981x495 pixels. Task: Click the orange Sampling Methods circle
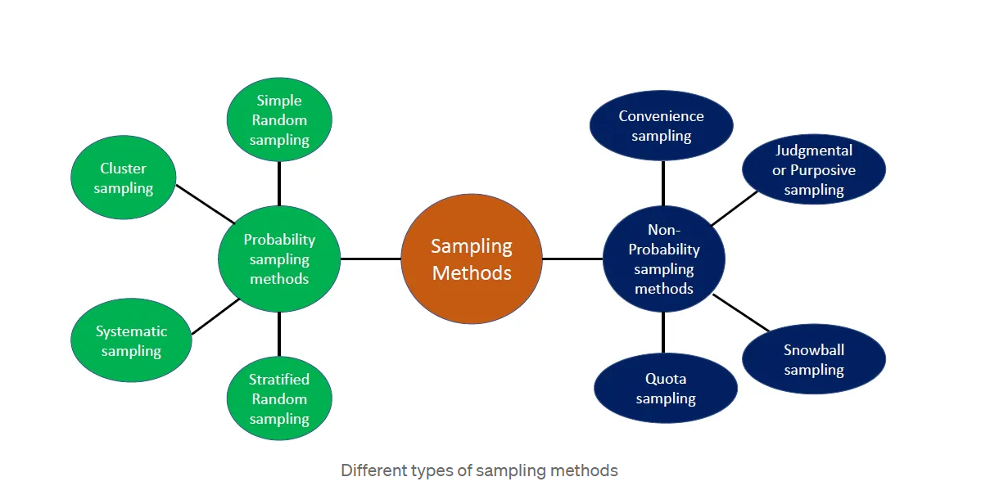(x=471, y=259)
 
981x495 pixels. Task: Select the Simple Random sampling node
(x=279, y=119)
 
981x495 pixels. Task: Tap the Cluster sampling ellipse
(x=124, y=178)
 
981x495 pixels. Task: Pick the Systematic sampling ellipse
(x=131, y=340)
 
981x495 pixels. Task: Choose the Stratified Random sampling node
(x=279, y=398)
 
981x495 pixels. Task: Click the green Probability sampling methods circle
(x=279, y=259)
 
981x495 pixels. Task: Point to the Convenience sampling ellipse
(x=661, y=125)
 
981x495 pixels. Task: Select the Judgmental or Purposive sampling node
(x=813, y=169)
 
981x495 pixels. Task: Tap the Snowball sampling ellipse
(x=813, y=359)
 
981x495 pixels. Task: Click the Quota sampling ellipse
(x=665, y=388)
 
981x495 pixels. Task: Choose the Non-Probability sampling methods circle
(x=663, y=259)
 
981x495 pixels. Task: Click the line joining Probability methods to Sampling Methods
(x=370, y=259)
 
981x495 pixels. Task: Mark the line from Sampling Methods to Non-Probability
(x=572, y=259)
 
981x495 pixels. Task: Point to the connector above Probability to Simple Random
(x=279, y=183)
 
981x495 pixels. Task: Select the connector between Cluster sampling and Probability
(x=205, y=203)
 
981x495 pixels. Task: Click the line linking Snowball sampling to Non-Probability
(x=741, y=313)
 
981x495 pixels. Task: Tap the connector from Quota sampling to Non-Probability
(x=663, y=332)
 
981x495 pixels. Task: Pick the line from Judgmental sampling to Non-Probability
(x=735, y=208)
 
